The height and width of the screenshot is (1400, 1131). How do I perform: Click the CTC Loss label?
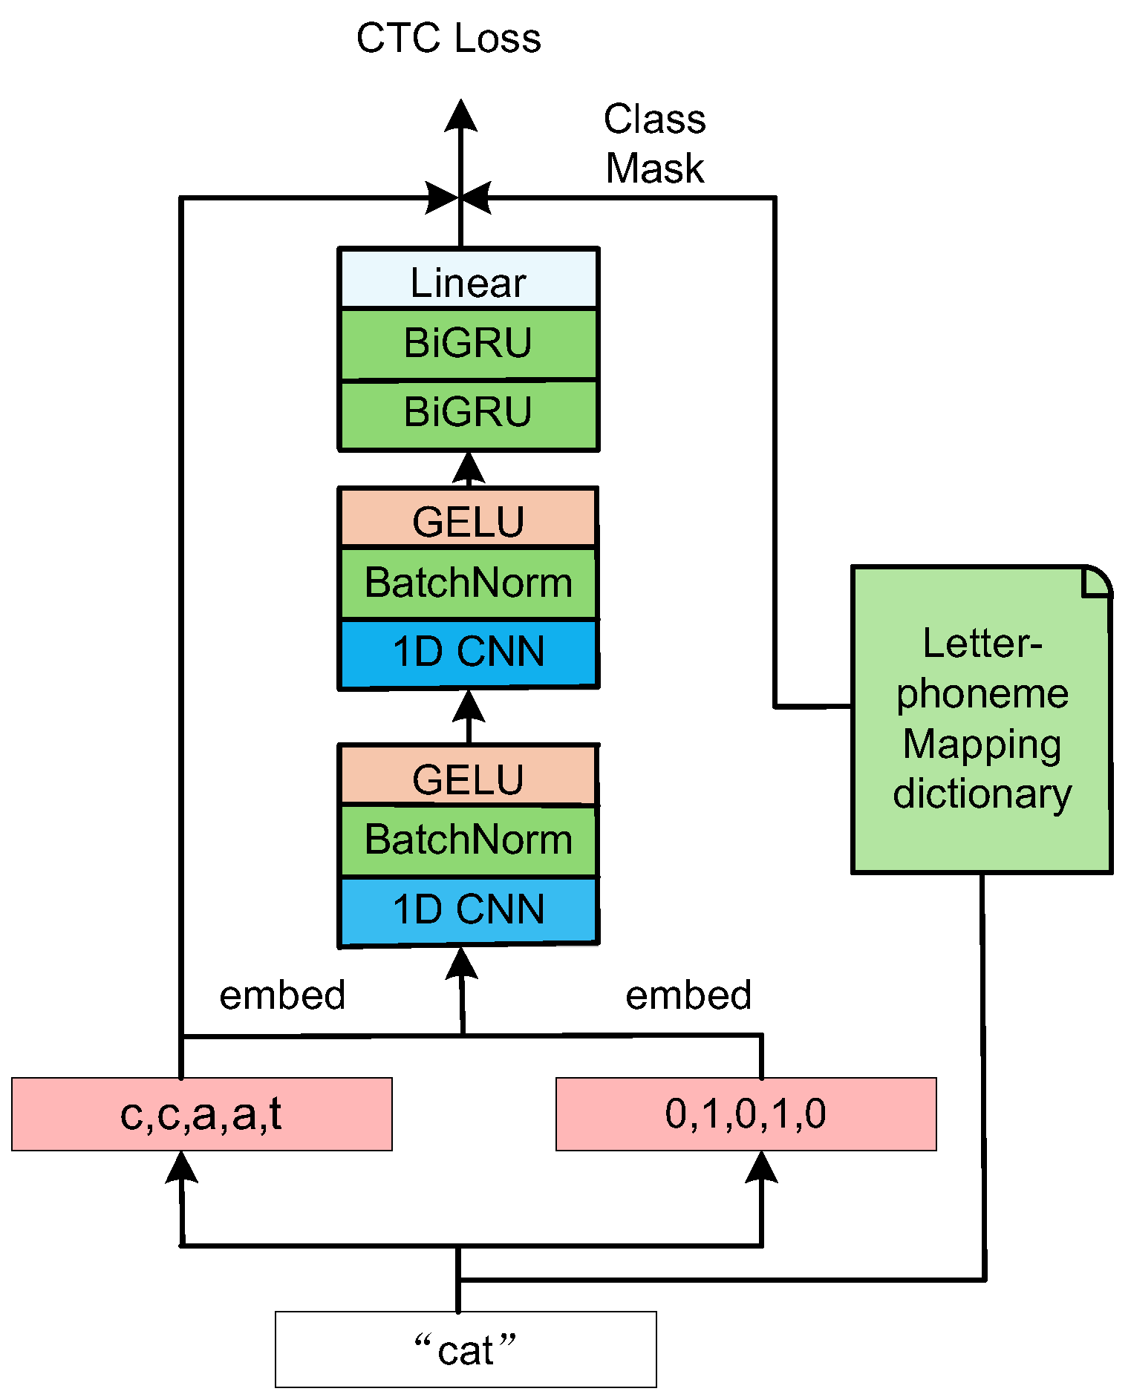449,39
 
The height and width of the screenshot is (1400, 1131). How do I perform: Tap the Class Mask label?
654,144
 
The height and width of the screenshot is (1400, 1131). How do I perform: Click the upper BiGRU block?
468,344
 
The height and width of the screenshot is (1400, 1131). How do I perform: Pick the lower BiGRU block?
468,413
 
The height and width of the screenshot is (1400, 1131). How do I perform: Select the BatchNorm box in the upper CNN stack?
468,583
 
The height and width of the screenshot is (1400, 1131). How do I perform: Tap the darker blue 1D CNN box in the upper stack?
468,652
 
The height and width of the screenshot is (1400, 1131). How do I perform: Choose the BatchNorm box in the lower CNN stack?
468,840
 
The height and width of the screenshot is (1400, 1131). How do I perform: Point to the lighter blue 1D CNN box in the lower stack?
468,909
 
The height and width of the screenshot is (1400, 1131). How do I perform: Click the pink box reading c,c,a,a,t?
202,1114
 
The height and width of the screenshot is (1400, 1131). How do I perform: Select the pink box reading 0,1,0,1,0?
746,1114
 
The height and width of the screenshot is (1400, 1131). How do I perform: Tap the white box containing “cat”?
466,1349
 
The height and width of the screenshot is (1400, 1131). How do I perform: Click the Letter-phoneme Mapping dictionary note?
981,719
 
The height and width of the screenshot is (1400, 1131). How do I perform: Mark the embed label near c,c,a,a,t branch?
282,995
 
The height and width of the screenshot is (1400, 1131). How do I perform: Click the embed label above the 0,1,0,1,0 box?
688,995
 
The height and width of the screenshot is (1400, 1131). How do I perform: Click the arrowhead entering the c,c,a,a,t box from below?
181,1166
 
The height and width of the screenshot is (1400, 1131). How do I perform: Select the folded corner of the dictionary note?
1097,581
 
